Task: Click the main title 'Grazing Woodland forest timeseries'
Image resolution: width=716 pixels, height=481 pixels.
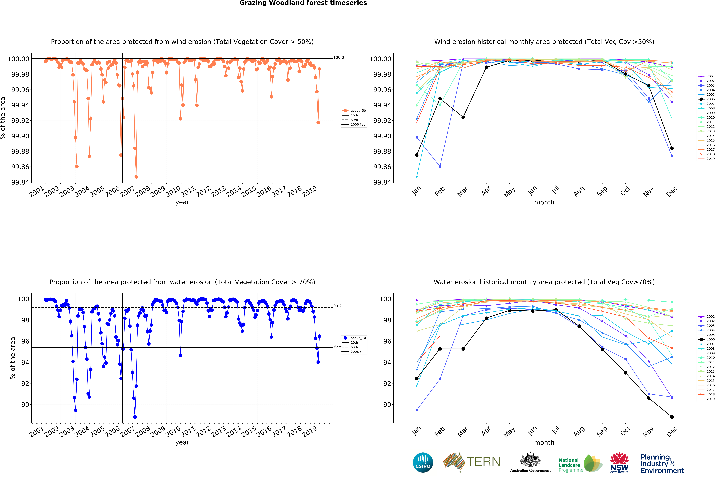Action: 303,3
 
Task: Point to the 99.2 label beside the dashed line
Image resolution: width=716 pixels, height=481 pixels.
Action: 337,306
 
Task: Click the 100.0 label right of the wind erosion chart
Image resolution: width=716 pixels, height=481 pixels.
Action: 339,57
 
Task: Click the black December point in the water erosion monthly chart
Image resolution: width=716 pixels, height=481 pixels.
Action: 672,417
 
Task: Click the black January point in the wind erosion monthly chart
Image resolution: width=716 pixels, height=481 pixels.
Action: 417,155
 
